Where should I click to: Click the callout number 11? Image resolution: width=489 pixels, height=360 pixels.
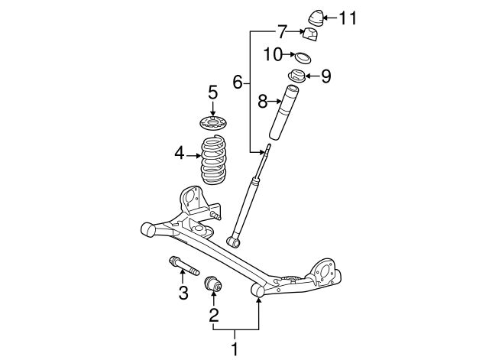click(348, 17)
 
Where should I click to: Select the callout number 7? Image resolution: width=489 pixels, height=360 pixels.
click(282, 32)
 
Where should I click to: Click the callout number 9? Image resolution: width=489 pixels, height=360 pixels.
click(325, 76)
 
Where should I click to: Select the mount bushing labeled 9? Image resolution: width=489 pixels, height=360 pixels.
click(296, 76)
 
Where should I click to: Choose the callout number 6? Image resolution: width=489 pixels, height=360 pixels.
click(238, 81)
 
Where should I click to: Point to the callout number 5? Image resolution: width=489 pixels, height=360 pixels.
click(213, 92)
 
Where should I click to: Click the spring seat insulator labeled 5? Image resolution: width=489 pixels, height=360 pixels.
click(213, 123)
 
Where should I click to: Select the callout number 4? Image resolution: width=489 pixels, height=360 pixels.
click(180, 154)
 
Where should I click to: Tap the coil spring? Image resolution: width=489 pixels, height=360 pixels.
click(213, 161)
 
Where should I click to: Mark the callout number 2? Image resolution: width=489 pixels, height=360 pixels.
click(214, 313)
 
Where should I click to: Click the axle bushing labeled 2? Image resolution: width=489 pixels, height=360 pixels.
click(214, 285)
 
